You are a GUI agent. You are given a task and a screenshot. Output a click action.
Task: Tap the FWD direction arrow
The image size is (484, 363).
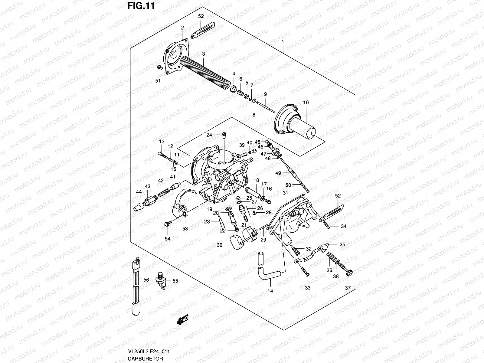coord(182,320)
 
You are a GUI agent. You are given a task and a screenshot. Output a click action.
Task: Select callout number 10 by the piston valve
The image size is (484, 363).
coord(306,103)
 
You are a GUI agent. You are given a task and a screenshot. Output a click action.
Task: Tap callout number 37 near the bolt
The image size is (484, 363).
coord(348,288)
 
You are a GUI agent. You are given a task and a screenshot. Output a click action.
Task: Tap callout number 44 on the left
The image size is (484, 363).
coord(139,192)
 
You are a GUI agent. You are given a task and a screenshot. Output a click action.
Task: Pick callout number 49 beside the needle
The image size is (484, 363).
coord(278,173)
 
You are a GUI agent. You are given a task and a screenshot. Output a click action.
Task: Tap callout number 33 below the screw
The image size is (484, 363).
coord(308,288)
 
